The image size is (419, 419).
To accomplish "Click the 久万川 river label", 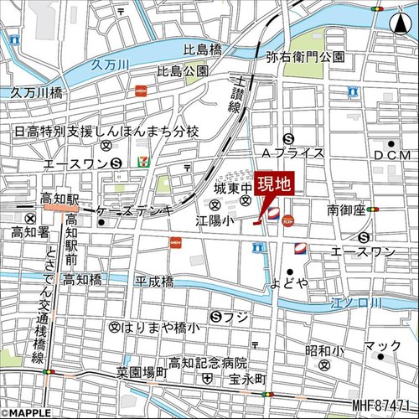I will pyautogui.click(x=108, y=64).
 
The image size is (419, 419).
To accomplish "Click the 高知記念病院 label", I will pyautogui.click(x=207, y=362).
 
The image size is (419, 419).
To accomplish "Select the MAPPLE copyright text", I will pyautogui.click(x=27, y=412).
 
